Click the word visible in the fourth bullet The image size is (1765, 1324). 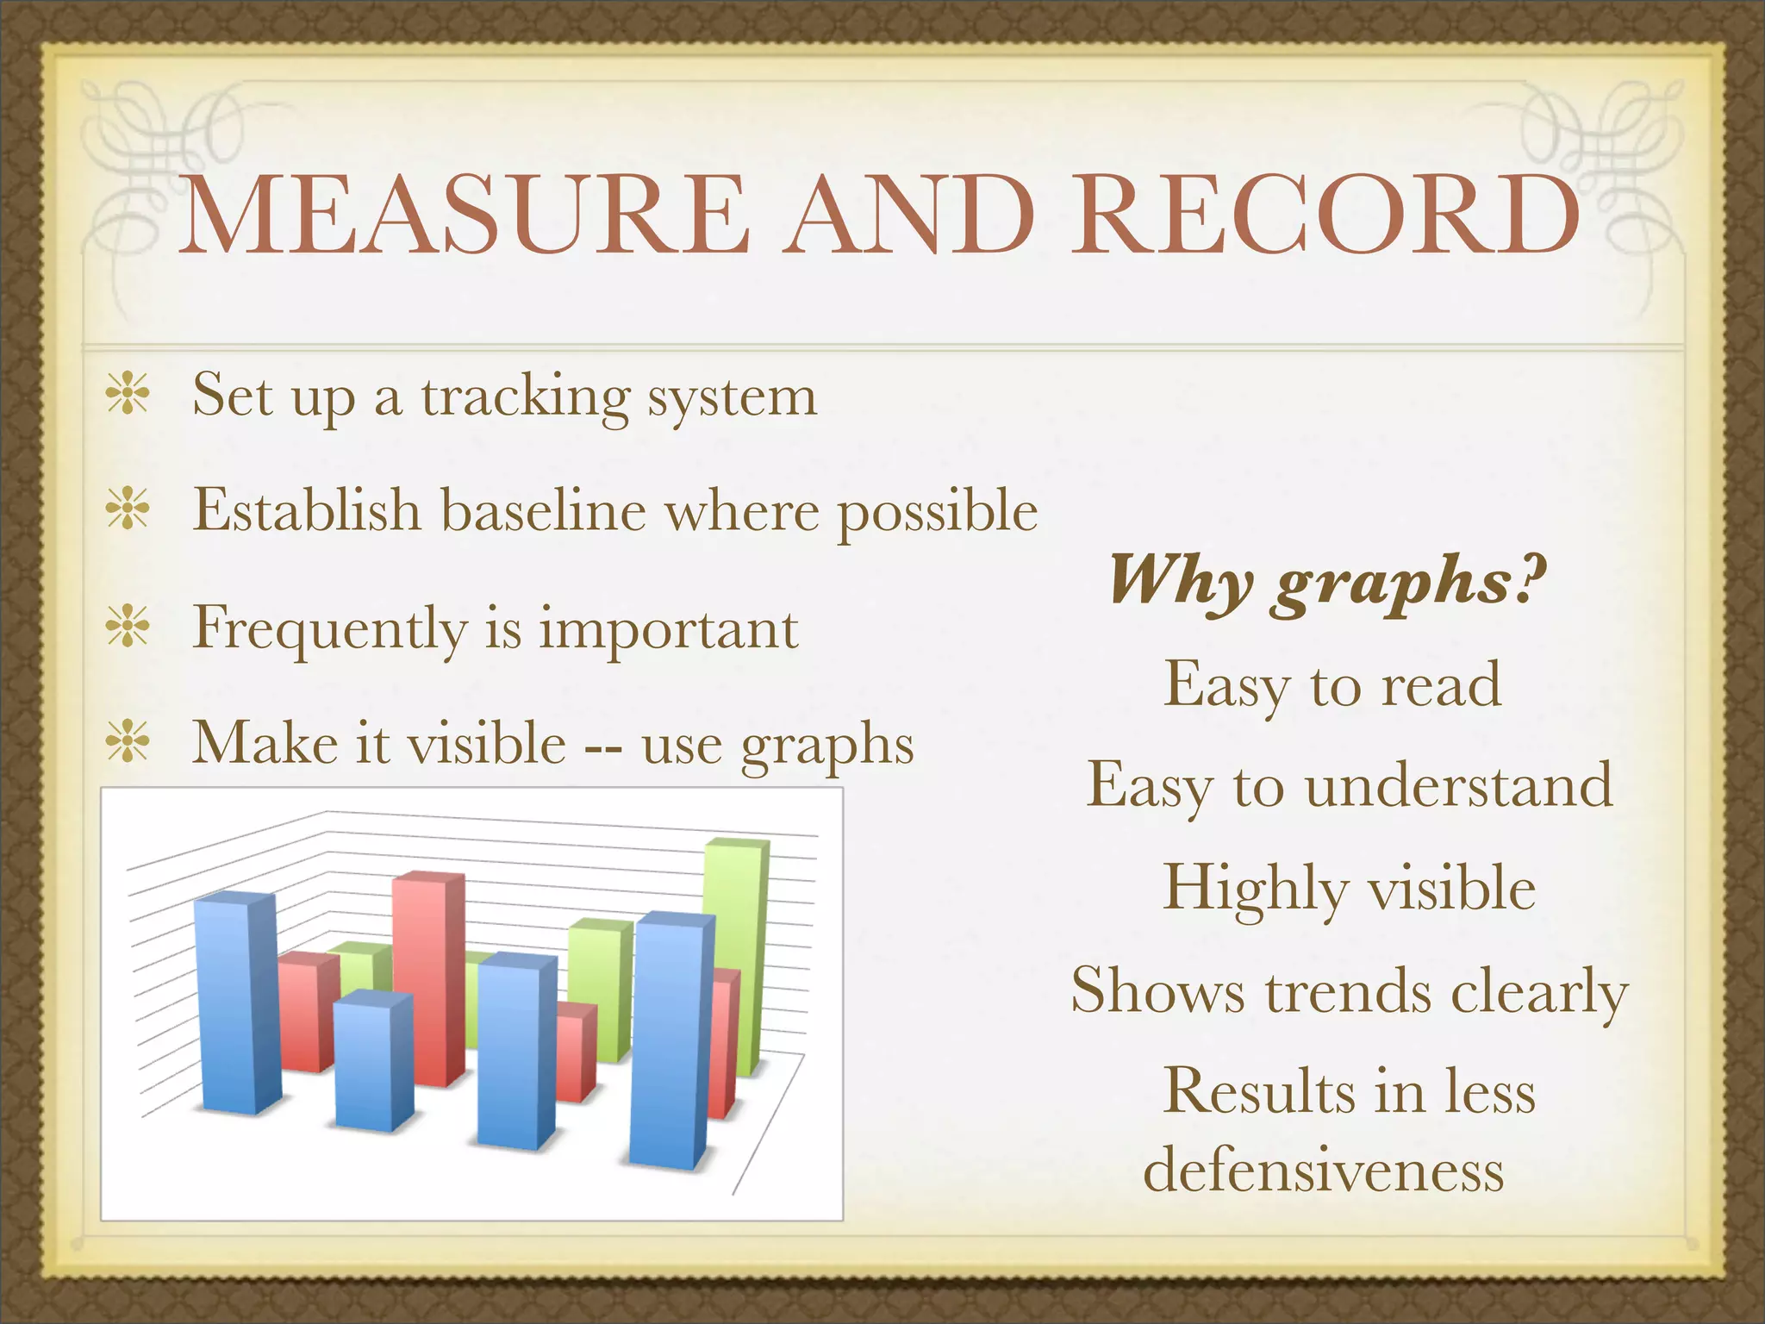486,742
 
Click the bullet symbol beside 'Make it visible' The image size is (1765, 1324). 128,742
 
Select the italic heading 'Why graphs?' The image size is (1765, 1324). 1328,581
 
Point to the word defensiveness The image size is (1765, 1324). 1324,1171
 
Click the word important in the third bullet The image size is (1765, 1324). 669,628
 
